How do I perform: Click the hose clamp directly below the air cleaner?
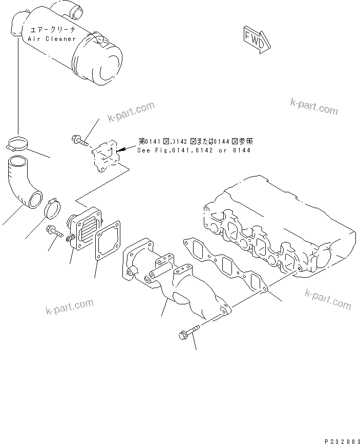[x=19, y=144]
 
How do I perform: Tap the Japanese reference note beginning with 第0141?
[x=195, y=142]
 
